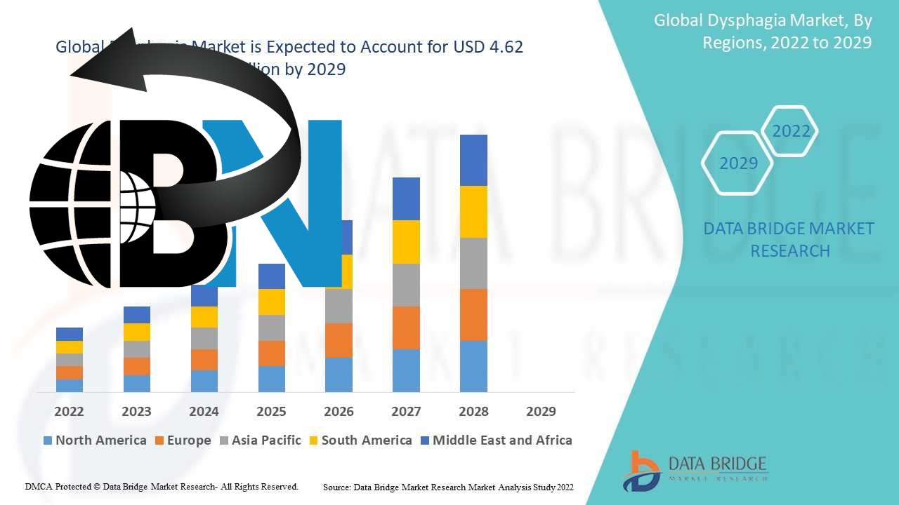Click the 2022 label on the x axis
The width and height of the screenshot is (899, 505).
69,412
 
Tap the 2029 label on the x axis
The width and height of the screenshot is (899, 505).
541,412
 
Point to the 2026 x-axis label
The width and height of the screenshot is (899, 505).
339,412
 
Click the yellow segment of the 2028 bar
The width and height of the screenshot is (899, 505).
473,212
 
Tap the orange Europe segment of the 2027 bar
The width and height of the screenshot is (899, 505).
406,328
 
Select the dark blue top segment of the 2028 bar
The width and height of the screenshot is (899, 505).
473,160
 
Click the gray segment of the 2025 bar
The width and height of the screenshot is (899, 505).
272,328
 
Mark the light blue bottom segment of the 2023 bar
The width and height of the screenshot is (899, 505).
136,383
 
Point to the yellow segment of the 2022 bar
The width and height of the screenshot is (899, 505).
70,347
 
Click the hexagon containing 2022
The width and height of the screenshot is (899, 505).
791,131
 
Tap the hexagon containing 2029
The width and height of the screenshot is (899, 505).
738,163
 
